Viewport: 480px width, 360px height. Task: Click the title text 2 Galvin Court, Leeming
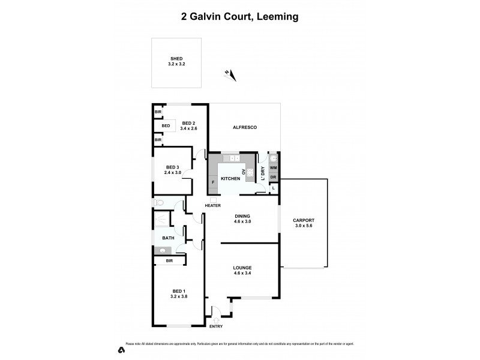240,17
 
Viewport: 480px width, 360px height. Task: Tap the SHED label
176,59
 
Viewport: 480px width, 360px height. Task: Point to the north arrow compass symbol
230,74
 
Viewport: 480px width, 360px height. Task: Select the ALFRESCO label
245,128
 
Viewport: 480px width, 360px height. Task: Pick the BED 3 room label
173,167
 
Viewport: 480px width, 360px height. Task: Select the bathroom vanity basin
163,250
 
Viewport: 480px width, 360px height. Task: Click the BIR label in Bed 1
169,261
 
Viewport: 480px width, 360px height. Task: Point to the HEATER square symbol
213,199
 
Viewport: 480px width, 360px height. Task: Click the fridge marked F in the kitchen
213,181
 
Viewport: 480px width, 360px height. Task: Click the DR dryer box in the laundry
273,178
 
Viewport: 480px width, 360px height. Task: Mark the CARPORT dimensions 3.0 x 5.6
304,226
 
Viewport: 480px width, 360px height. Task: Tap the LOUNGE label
242,268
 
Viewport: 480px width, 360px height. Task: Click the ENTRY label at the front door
215,326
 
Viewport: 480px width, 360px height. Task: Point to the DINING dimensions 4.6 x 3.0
242,221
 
